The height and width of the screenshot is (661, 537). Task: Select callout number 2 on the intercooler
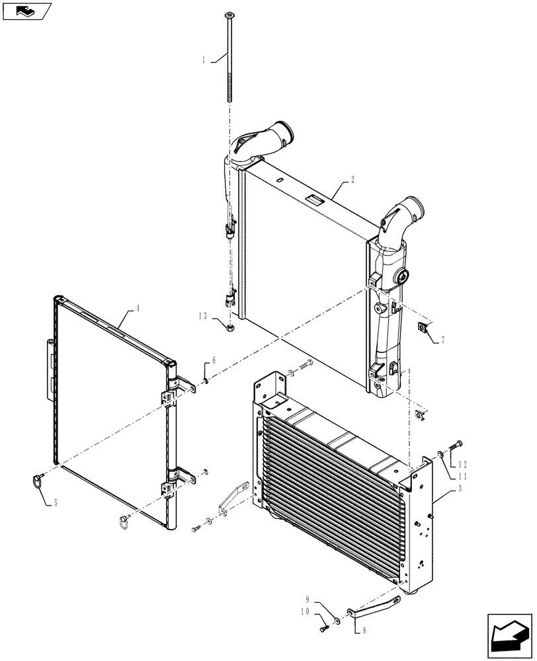(x=353, y=180)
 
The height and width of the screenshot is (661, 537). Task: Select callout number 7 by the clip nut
(x=442, y=340)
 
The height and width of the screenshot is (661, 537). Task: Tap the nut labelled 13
(x=229, y=327)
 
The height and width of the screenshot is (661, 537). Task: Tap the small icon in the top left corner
(x=26, y=11)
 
